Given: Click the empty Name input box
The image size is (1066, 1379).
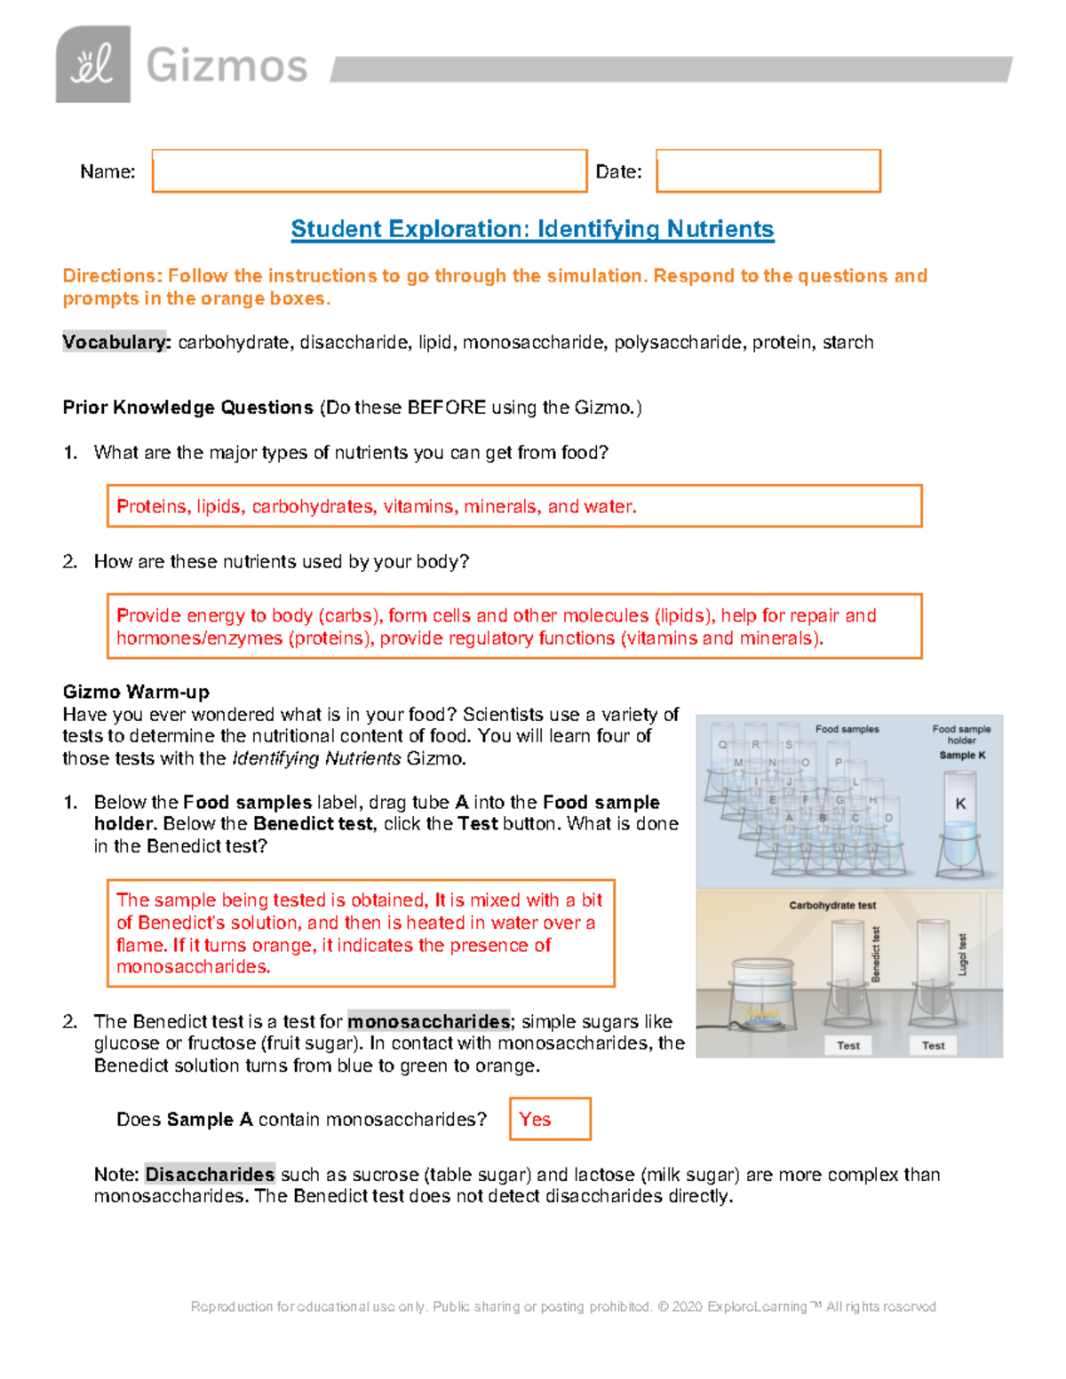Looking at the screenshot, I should point(370,170).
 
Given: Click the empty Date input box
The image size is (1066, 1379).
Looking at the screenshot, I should point(768,170).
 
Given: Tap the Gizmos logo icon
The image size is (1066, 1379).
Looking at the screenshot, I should point(93,65).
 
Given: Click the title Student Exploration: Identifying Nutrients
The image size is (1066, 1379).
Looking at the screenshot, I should point(532,229).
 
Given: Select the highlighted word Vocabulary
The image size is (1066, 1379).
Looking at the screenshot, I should point(115,343).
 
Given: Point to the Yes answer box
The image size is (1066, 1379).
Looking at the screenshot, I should point(550,1119).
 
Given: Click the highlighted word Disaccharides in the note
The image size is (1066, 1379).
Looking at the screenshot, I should point(210,1174).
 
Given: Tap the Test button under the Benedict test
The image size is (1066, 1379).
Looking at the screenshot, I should point(848,1045).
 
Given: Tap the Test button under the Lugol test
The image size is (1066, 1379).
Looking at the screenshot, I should point(933,1045).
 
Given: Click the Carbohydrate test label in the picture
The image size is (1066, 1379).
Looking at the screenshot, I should point(832,905).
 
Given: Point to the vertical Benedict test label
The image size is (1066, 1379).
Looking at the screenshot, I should point(876,954).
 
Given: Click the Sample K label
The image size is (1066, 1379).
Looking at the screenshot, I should point(962,755).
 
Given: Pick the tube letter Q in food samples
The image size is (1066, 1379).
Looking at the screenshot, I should point(722,745).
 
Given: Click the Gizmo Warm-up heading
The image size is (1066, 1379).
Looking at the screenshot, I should point(136,692).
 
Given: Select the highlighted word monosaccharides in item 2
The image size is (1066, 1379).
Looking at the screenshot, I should point(429,1021).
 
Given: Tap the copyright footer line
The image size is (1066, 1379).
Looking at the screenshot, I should point(563,1306).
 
